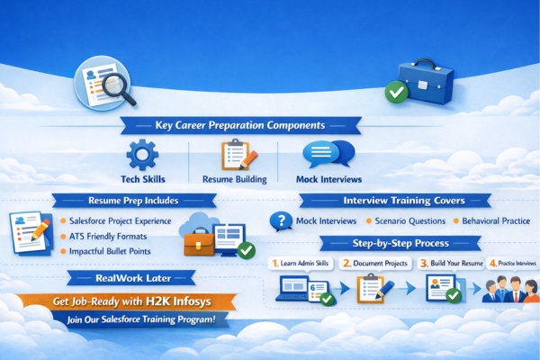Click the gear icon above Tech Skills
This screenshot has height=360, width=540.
tap(141, 156)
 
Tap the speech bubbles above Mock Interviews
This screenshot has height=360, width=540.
tap(328, 154)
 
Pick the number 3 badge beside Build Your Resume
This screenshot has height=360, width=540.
tap(423, 264)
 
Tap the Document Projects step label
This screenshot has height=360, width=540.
tap(377, 264)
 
